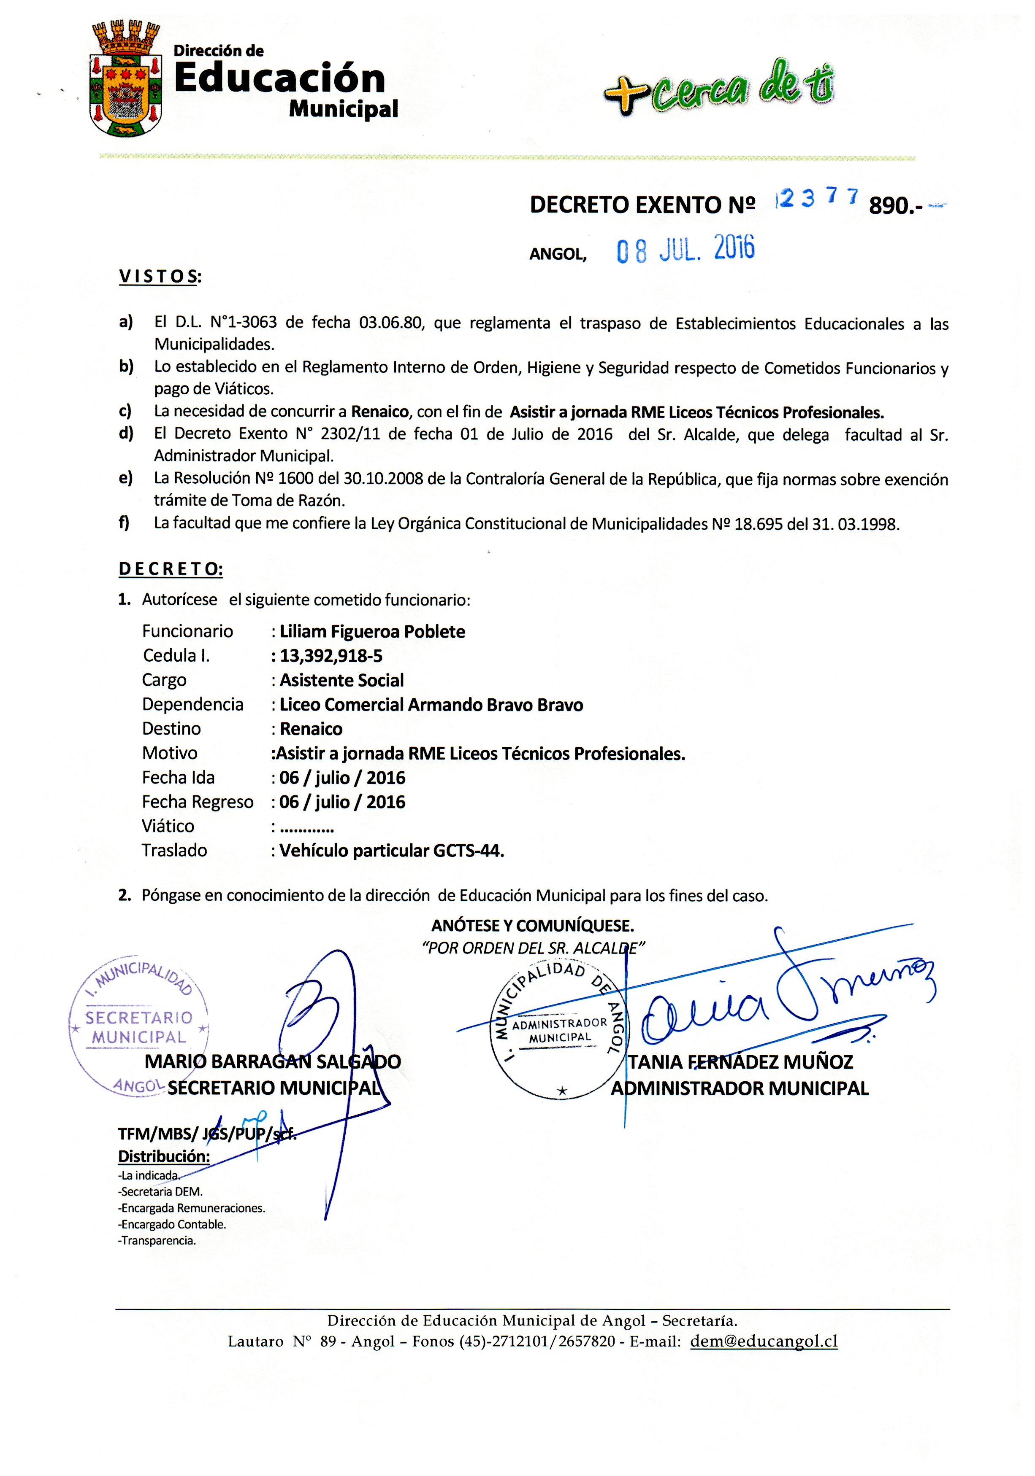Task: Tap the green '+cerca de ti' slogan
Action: click(x=718, y=87)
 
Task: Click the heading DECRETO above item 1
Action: click(x=171, y=569)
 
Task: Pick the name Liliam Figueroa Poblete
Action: click(x=372, y=631)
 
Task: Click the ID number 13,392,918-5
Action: click(x=331, y=656)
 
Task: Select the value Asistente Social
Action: click(x=341, y=680)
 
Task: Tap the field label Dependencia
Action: click(x=192, y=705)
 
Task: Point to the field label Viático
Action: click(x=168, y=826)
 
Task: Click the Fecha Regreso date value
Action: click(x=342, y=802)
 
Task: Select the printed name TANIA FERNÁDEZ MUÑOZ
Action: click(x=740, y=1062)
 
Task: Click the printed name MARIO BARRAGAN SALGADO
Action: click(x=272, y=1061)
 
